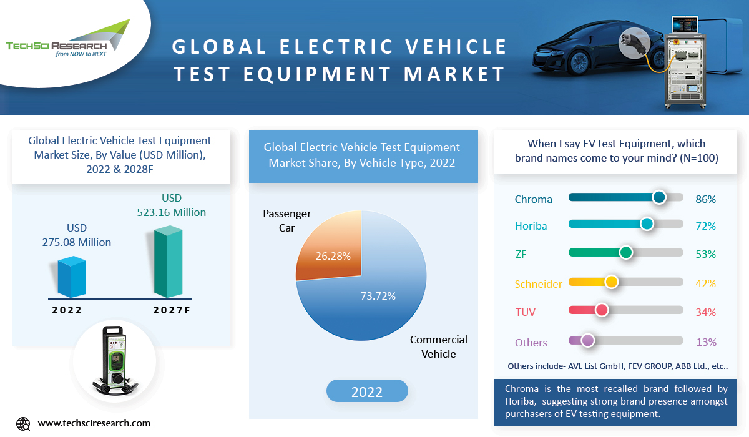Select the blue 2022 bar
[71, 277]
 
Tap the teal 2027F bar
[169, 262]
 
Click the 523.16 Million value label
[171, 212]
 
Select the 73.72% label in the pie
[378, 296]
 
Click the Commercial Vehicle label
[438, 346]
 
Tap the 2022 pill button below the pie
[367, 392]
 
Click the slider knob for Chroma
[659, 197]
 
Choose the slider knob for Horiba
[647, 224]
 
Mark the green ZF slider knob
[625, 252]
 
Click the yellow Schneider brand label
[538, 284]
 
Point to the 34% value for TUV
[705, 312]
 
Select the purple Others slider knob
[587, 340]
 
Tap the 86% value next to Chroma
[705, 200]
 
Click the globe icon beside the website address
[23, 423]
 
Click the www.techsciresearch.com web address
[94, 423]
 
